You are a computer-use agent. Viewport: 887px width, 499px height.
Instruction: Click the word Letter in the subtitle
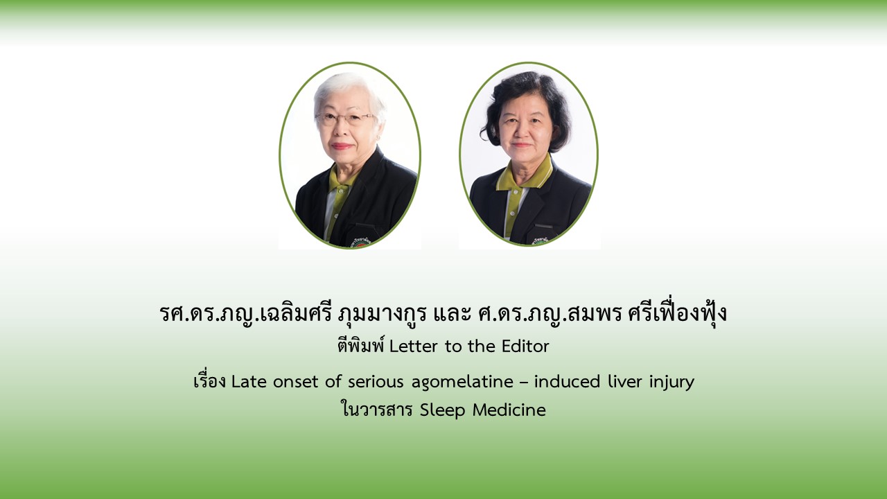pyautogui.click(x=414, y=347)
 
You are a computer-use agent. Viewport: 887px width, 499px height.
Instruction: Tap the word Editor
pyautogui.click(x=525, y=347)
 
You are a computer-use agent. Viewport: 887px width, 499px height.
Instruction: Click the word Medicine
pyautogui.click(x=509, y=410)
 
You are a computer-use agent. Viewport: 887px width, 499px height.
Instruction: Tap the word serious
pyautogui.click(x=376, y=382)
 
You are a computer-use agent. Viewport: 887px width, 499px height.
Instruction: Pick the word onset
pyautogui.click(x=296, y=382)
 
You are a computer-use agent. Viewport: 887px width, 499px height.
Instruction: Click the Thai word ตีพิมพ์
pyautogui.click(x=361, y=346)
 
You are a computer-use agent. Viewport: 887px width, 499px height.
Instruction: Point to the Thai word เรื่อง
pyautogui.click(x=210, y=381)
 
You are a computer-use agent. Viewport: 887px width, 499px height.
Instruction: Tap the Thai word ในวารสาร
pyautogui.click(x=377, y=410)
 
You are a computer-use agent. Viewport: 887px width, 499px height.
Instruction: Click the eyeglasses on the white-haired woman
pyautogui.click(x=344, y=118)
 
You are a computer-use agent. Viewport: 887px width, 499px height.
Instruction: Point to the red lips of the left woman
pyautogui.click(x=342, y=146)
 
